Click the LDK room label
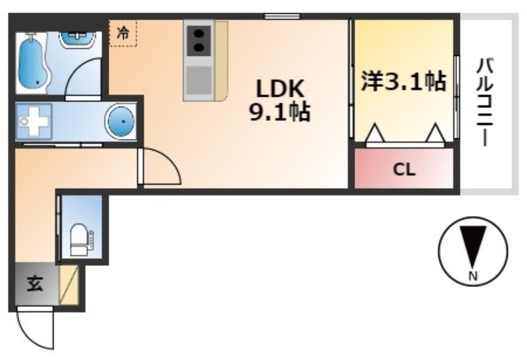click(281, 89)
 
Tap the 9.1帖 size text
click(279, 112)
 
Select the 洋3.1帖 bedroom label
click(404, 81)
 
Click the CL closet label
click(404, 170)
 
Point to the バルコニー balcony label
click(484, 103)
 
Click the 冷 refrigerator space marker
click(123, 33)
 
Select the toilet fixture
click(81, 240)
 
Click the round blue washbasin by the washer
click(121, 122)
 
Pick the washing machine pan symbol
click(34, 121)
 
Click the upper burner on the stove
click(199, 34)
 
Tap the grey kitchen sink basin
click(199, 80)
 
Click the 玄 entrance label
click(36, 284)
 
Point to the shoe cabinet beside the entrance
click(69, 285)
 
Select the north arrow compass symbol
click(473, 251)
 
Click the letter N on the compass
click(473, 276)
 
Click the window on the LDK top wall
click(282, 16)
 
